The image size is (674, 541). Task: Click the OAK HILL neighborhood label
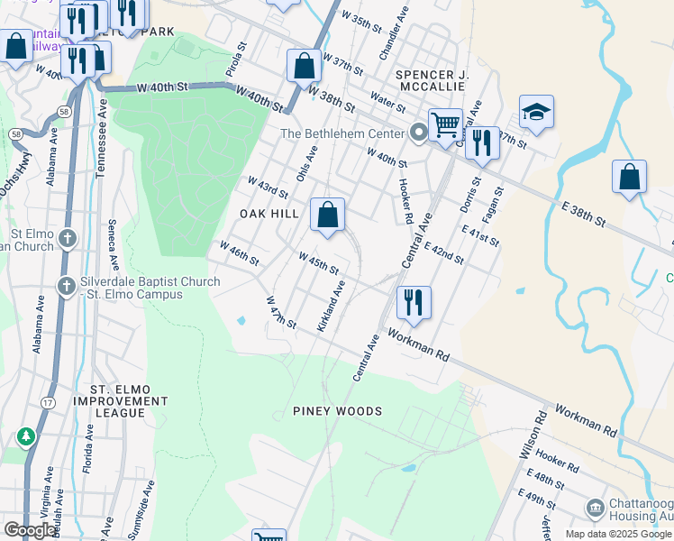pos(268,214)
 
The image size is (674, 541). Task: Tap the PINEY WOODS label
pos(338,411)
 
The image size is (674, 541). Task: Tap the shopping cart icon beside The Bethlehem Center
pos(445,125)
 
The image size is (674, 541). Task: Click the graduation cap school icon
pos(536,113)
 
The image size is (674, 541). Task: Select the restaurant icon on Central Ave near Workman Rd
pos(414,304)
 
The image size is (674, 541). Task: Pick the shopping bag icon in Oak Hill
pos(328,215)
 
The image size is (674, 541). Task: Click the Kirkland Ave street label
pos(332,306)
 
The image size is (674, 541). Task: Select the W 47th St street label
pos(281,311)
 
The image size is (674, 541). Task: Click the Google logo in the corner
pos(30,530)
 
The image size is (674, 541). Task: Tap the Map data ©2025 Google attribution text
pos(618,534)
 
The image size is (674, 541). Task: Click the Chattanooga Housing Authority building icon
pos(596,509)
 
